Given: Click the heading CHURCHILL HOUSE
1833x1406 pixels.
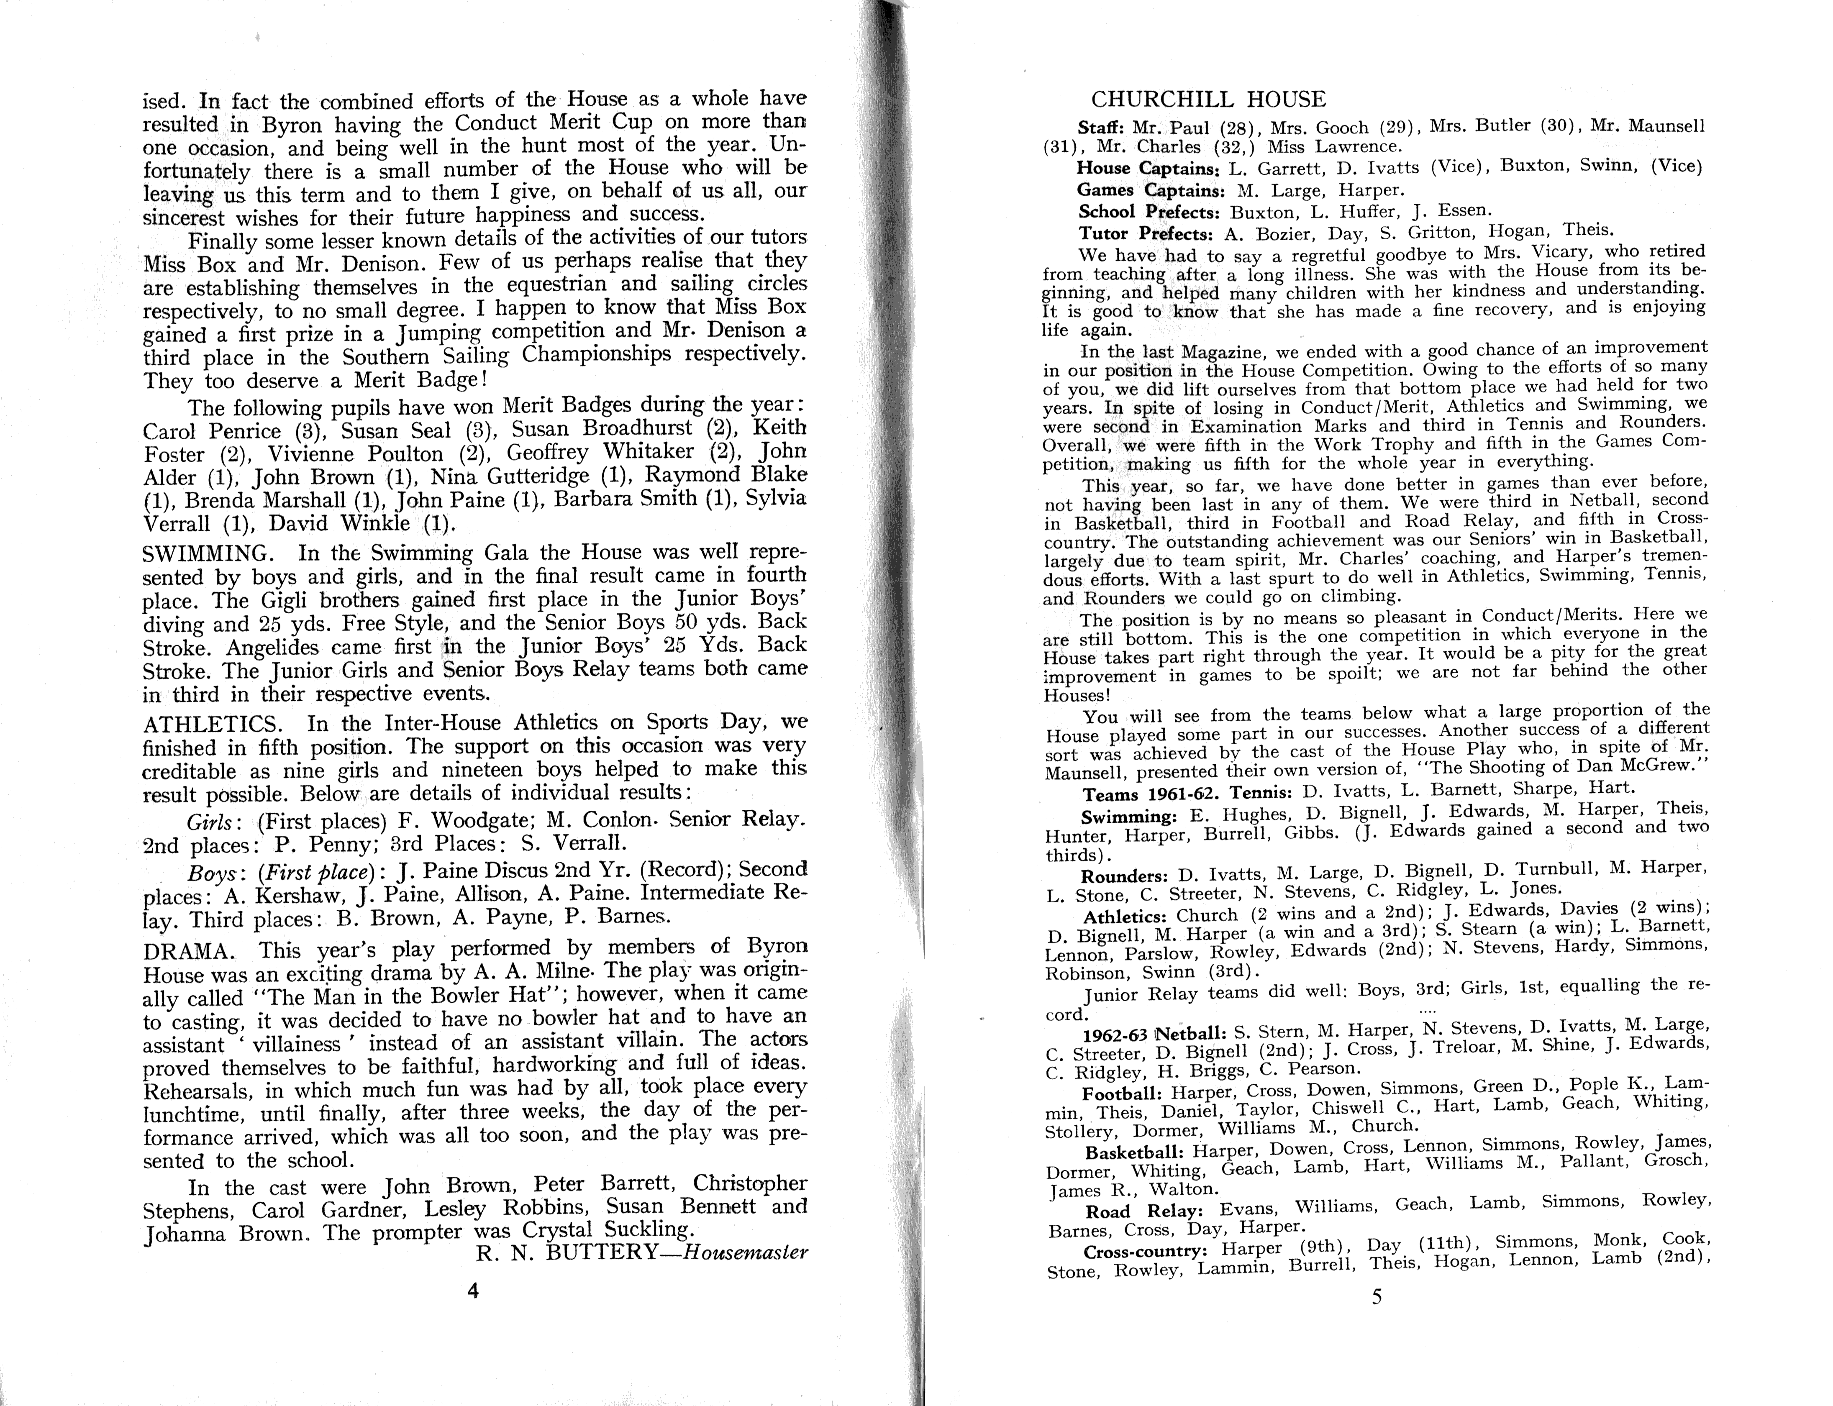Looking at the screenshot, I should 1208,100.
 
